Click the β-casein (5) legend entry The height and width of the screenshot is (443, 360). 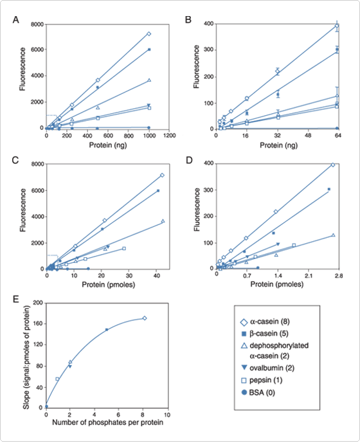click(x=274, y=333)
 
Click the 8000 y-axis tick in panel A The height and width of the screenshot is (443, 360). click(x=35, y=24)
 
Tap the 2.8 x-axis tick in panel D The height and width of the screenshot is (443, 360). click(x=338, y=275)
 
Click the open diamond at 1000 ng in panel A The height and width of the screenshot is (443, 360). click(x=148, y=33)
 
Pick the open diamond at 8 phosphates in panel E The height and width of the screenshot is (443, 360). click(x=144, y=318)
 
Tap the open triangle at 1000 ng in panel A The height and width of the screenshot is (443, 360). click(x=148, y=80)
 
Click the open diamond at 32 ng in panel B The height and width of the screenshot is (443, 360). click(x=278, y=71)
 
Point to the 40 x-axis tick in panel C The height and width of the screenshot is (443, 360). click(x=156, y=275)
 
